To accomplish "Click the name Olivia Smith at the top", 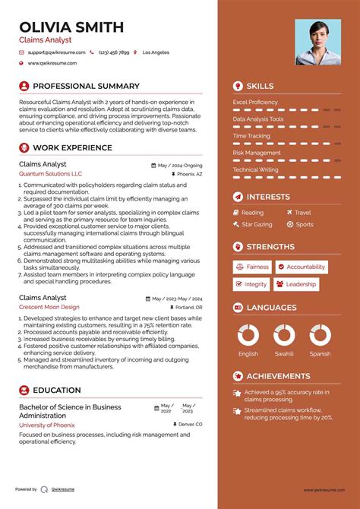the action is pyautogui.click(x=71, y=27).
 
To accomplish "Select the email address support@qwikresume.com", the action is pyautogui.click(x=55, y=52).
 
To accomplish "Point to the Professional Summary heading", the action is pyautogui.click(x=86, y=87).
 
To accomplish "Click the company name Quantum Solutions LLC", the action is pyautogui.click(x=50, y=174).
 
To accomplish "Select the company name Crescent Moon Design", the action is pyautogui.click(x=49, y=307).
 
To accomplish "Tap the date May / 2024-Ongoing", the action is pyautogui.click(x=180, y=165).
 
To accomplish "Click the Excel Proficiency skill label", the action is pyautogui.click(x=255, y=102).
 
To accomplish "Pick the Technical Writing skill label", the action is pyautogui.click(x=255, y=169).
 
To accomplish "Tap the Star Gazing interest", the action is pyautogui.click(x=257, y=224).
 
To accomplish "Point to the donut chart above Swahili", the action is pyautogui.click(x=284, y=335).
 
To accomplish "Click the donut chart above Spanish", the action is pyautogui.click(x=320, y=335).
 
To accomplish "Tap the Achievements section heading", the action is pyautogui.click(x=278, y=376).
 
